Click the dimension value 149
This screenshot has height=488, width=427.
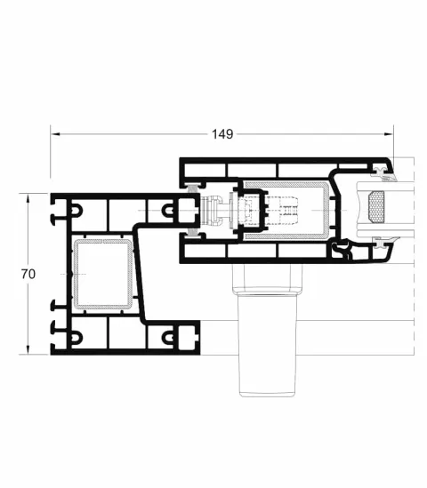(222, 134)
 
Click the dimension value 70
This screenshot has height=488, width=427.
(28, 274)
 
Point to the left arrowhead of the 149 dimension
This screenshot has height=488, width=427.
(55, 134)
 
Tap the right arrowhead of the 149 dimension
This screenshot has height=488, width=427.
(389, 134)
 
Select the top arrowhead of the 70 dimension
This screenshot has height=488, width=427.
(28, 198)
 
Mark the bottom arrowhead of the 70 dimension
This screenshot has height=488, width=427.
(28, 350)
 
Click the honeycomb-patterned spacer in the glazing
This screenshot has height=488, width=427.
(376, 208)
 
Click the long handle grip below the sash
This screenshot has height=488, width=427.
(268, 345)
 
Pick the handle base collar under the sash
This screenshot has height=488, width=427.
(268, 278)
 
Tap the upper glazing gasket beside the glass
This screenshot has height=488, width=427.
(383, 174)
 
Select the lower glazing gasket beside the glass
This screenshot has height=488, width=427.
(385, 242)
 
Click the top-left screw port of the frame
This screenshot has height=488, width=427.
(76, 211)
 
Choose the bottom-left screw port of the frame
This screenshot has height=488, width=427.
(77, 337)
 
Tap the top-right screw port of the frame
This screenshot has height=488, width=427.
(167, 210)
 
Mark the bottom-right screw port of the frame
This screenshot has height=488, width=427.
(167, 337)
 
